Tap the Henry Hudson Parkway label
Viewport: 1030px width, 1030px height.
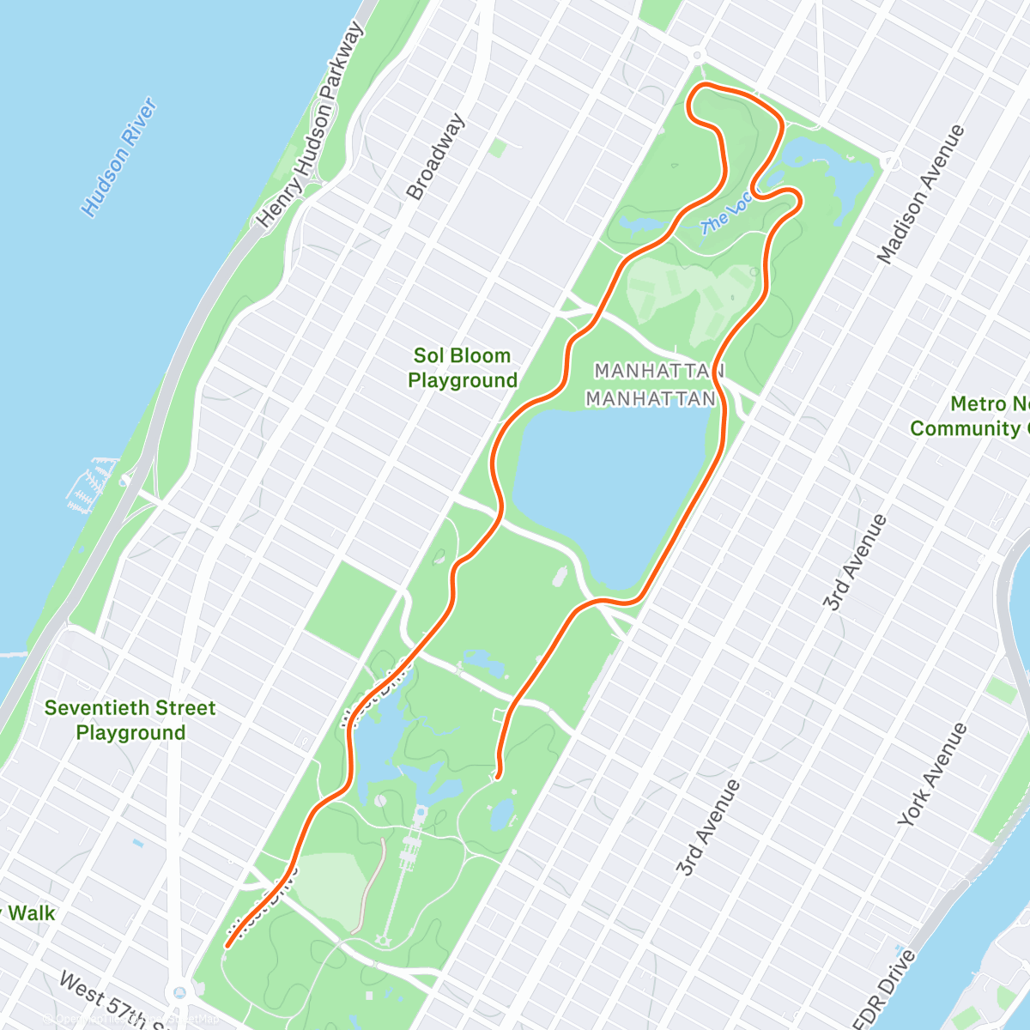(x=311, y=124)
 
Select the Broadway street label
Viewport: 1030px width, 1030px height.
(x=436, y=157)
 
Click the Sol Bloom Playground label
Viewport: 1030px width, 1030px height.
(x=463, y=368)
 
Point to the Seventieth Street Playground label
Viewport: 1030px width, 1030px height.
(x=130, y=720)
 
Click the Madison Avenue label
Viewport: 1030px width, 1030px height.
(x=921, y=194)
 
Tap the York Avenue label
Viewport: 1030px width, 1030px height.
(x=932, y=775)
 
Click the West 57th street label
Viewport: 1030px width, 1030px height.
(x=103, y=998)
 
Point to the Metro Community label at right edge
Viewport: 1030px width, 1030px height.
(x=970, y=416)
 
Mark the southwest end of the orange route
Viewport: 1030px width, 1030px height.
(x=227, y=947)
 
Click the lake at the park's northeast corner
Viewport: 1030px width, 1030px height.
(x=824, y=167)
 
